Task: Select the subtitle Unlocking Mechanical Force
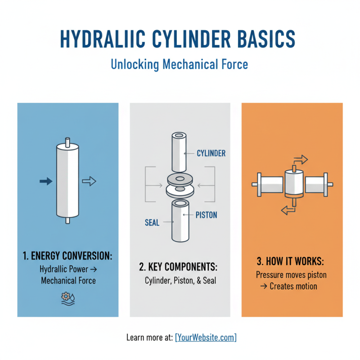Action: pyautogui.click(x=179, y=64)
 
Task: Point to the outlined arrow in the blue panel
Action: pyautogui.click(x=89, y=181)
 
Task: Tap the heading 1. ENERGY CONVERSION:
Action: pyautogui.click(x=67, y=256)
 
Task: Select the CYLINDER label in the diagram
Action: pyautogui.click(x=211, y=153)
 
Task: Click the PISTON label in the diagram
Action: pyautogui.click(x=207, y=215)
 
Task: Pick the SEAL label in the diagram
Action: pyautogui.click(x=152, y=223)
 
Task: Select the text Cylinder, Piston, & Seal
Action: pyautogui.click(x=180, y=280)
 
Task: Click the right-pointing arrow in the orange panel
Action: pyautogui.click(x=300, y=159)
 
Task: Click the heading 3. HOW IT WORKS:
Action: pyautogui.click(x=292, y=261)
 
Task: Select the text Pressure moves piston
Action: pyautogui.click(x=292, y=274)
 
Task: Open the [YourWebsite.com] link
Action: pyautogui.click(x=206, y=337)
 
